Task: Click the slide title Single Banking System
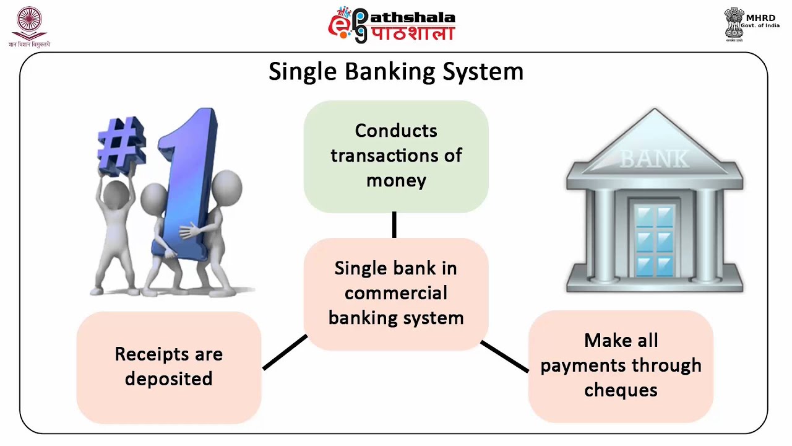(396, 72)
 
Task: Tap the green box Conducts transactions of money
(396, 156)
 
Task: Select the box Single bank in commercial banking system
(396, 294)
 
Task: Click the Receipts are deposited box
(168, 367)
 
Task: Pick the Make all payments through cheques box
(621, 365)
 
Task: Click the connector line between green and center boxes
(394, 225)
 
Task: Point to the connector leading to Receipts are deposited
(285, 352)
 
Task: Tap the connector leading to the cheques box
(504, 356)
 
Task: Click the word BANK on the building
(654, 159)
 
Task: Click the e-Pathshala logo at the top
(392, 25)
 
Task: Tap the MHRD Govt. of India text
(760, 22)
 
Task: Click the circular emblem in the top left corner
(28, 22)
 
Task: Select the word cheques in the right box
(621, 390)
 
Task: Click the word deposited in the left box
(168, 379)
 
